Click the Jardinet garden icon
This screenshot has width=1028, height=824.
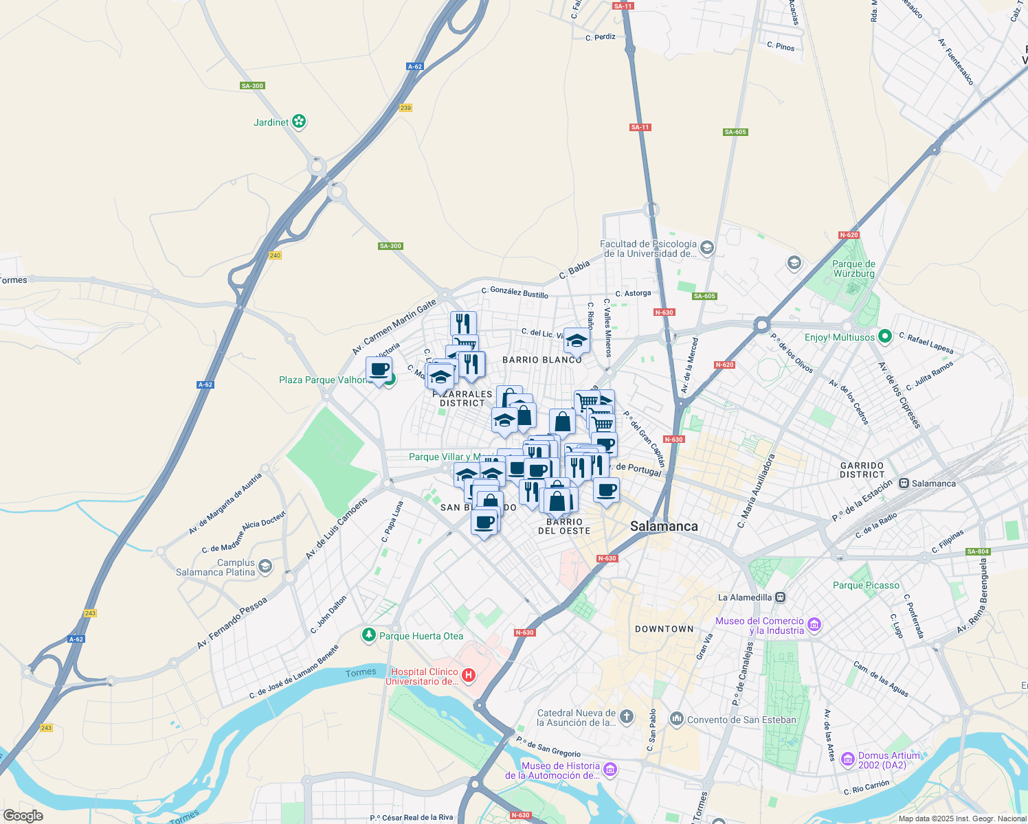(x=298, y=122)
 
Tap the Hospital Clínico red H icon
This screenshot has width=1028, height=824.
(x=469, y=676)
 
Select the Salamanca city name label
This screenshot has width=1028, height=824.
(x=664, y=526)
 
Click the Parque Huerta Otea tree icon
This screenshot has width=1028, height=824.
(x=369, y=635)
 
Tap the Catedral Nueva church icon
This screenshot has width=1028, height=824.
(x=627, y=718)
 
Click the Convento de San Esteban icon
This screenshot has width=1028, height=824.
(x=677, y=720)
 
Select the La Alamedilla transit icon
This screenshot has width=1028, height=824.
(x=780, y=597)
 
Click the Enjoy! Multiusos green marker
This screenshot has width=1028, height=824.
(x=885, y=336)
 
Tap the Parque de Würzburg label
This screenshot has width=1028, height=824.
(x=853, y=268)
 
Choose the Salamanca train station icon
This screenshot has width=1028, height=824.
(x=904, y=483)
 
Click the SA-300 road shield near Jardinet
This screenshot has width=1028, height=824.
(x=252, y=86)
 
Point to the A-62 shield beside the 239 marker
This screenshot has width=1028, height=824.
(x=414, y=67)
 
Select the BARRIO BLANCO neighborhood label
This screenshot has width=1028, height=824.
(x=542, y=360)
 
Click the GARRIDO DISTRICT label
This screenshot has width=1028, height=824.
(x=862, y=470)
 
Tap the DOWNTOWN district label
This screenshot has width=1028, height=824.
(x=664, y=629)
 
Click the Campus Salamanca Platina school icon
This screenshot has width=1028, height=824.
(x=265, y=567)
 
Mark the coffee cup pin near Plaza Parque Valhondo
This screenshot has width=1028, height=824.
(x=379, y=369)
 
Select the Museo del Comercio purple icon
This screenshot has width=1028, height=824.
(x=814, y=625)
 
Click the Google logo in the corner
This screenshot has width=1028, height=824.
(x=23, y=816)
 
